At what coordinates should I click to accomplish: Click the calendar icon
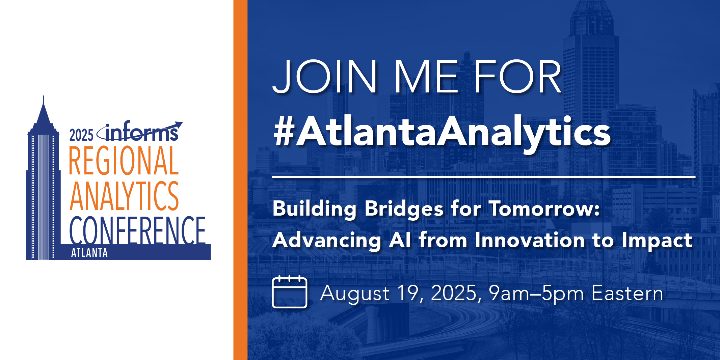point(290,292)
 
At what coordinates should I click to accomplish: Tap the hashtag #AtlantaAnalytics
point(442,132)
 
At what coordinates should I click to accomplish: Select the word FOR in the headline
point(518,77)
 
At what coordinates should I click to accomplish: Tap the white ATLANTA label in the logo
point(89,253)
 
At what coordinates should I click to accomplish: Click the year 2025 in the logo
point(81,135)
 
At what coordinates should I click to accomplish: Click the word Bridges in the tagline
point(404,209)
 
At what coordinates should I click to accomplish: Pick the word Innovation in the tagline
point(530,240)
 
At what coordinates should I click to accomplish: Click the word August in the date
point(355,294)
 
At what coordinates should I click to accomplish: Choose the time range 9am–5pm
point(536,294)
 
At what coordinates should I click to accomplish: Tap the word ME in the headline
point(426,77)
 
